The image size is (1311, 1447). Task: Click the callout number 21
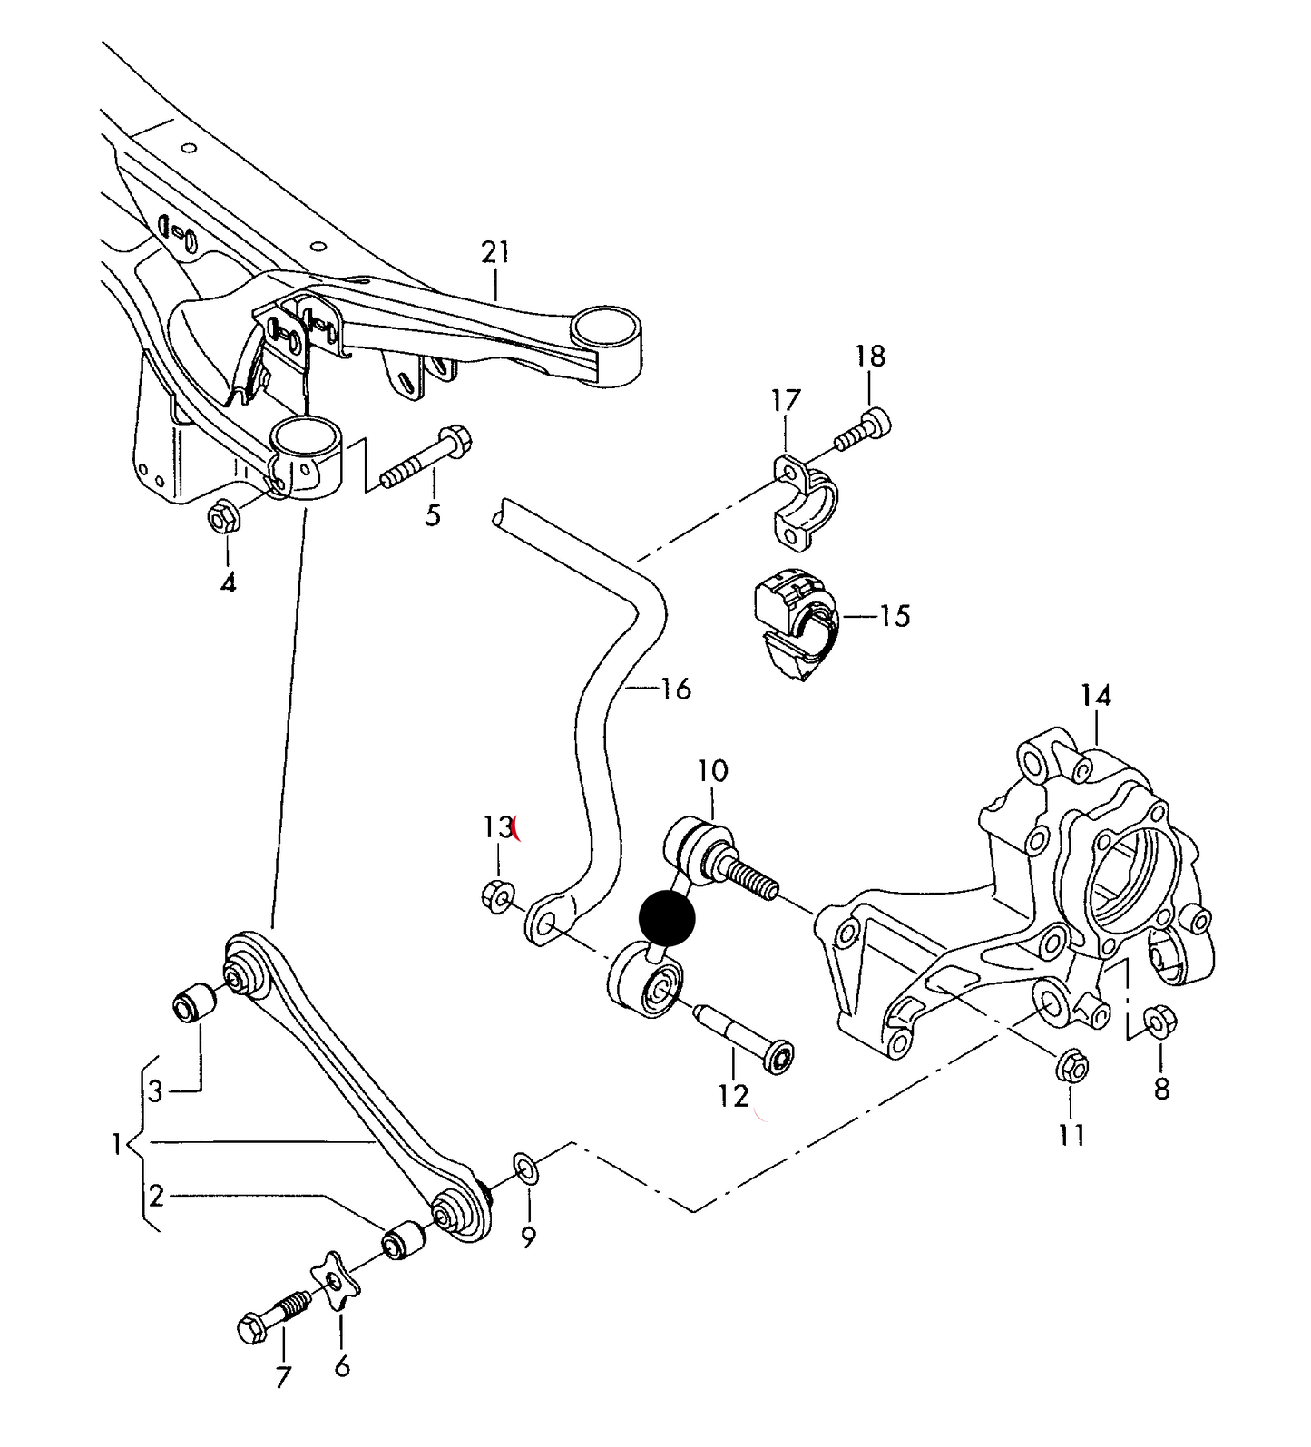(x=496, y=252)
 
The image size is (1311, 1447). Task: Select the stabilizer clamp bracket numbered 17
(x=804, y=503)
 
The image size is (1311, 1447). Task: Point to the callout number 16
(x=676, y=689)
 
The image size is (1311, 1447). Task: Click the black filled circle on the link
(x=667, y=918)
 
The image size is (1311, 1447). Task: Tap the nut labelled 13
(x=497, y=894)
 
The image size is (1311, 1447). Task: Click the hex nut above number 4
(x=222, y=519)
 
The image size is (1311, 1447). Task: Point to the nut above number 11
(x=1071, y=1066)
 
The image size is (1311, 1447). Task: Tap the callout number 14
(x=1095, y=696)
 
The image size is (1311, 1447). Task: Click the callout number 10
(x=712, y=771)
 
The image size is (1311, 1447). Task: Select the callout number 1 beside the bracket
(x=117, y=1145)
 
